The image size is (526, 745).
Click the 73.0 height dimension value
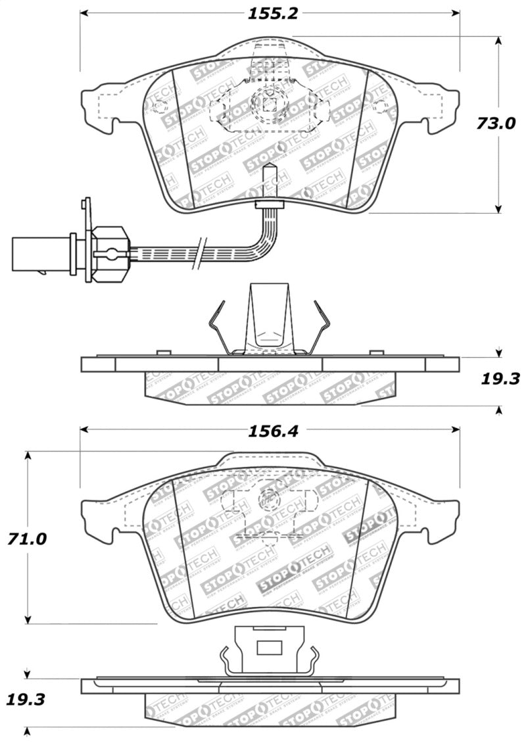point(497,124)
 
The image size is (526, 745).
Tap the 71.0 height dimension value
point(28,539)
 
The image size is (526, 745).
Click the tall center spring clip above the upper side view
point(268,319)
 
